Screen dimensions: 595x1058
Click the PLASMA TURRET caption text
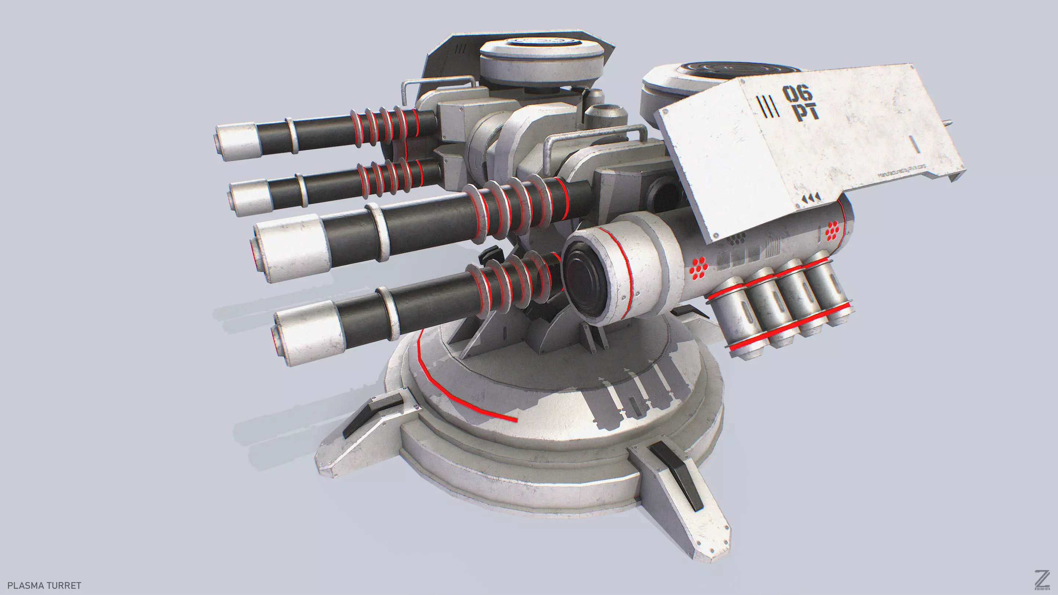[44, 585]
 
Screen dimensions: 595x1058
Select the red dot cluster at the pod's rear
[832, 230]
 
